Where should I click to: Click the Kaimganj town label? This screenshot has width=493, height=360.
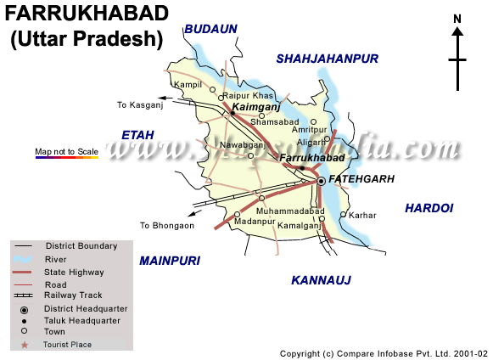click(x=256, y=108)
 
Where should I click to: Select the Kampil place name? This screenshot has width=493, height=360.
click(x=188, y=86)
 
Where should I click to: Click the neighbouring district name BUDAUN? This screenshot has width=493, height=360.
click(x=211, y=29)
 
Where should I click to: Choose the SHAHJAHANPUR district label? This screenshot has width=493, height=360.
click(x=326, y=58)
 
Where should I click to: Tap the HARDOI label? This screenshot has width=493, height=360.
click(x=429, y=207)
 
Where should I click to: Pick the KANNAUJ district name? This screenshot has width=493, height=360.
click(x=321, y=279)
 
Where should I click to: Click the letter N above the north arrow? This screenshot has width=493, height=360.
click(x=457, y=19)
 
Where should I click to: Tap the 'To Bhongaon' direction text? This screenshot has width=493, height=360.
click(x=167, y=226)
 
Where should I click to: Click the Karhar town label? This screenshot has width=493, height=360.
click(x=362, y=216)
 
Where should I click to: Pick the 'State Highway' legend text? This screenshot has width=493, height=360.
click(x=75, y=272)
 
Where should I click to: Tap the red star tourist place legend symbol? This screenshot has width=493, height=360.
click(x=25, y=345)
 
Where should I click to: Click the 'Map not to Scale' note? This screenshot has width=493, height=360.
click(x=66, y=151)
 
